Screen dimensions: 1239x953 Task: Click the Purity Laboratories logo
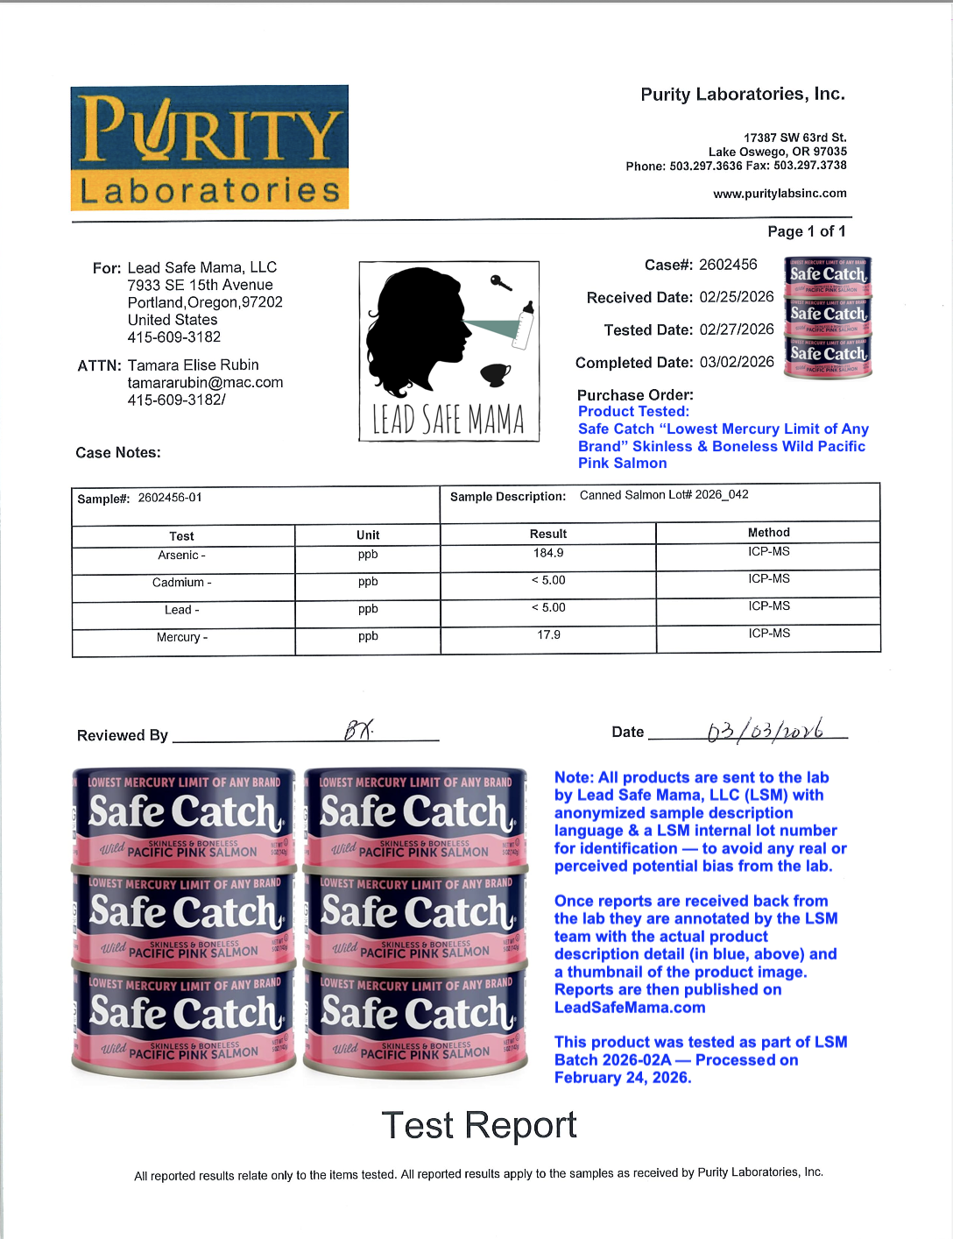[x=209, y=147]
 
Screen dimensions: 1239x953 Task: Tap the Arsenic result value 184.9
[x=548, y=553]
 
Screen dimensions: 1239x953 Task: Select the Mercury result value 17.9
[x=548, y=634]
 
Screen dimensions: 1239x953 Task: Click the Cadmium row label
[x=181, y=582]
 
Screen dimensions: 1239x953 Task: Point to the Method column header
[x=768, y=532]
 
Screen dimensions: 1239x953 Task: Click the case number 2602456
[x=727, y=264]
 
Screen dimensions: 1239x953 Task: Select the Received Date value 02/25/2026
[x=737, y=296]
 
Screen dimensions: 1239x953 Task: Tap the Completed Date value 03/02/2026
[x=737, y=361]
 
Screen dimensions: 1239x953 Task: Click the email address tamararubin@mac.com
[x=205, y=382]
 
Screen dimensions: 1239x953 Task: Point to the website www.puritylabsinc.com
[x=780, y=193]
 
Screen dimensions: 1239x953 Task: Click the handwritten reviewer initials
[x=357, y=729]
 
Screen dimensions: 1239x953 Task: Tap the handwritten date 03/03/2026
[x=765, y=729]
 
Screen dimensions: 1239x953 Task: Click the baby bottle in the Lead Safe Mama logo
[x=525, y=324]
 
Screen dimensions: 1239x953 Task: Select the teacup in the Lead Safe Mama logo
[x=495, y=374]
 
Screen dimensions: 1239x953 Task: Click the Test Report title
[x=478, y=1124]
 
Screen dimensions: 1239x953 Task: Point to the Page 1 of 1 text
[x=806, y=231]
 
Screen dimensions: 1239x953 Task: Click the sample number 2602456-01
[x=170, y=498]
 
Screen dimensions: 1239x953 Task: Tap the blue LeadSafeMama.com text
[x=630, y=1007]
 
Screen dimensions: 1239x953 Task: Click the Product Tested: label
[x=633, y=411]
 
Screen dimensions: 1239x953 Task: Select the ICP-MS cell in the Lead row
[x=768, y=605]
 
